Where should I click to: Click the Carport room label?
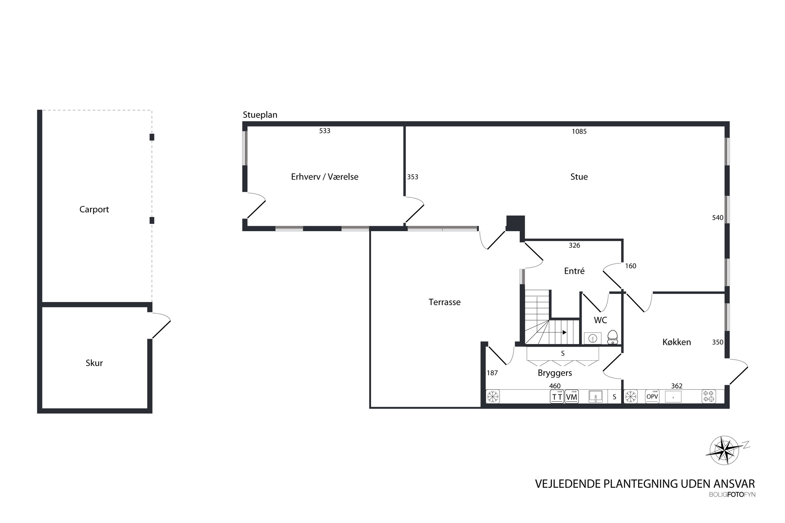coord(94,209)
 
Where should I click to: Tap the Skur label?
coord(94,363)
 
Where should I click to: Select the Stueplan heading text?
coord(260,115)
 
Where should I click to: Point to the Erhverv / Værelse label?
coord(325,177)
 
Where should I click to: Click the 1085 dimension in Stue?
coord(579,131)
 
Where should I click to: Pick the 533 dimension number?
coord(325,131)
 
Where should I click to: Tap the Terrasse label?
coord(444,302)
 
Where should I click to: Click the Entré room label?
coord(574,271)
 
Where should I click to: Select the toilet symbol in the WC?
coord(613,337)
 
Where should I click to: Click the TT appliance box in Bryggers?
coord(557,397)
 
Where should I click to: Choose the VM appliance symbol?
coord(572,397)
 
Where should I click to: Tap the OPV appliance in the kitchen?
coord(652,397)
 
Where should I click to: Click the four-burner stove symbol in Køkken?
coord(709,397)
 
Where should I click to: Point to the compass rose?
coord(724,451)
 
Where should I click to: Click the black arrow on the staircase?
coord(565,332)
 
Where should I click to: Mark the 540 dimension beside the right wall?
coord(718,218)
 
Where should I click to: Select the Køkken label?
coord(677,342)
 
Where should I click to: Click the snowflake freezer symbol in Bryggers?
coord(492,397)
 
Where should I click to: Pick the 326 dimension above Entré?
coord(574,245)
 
